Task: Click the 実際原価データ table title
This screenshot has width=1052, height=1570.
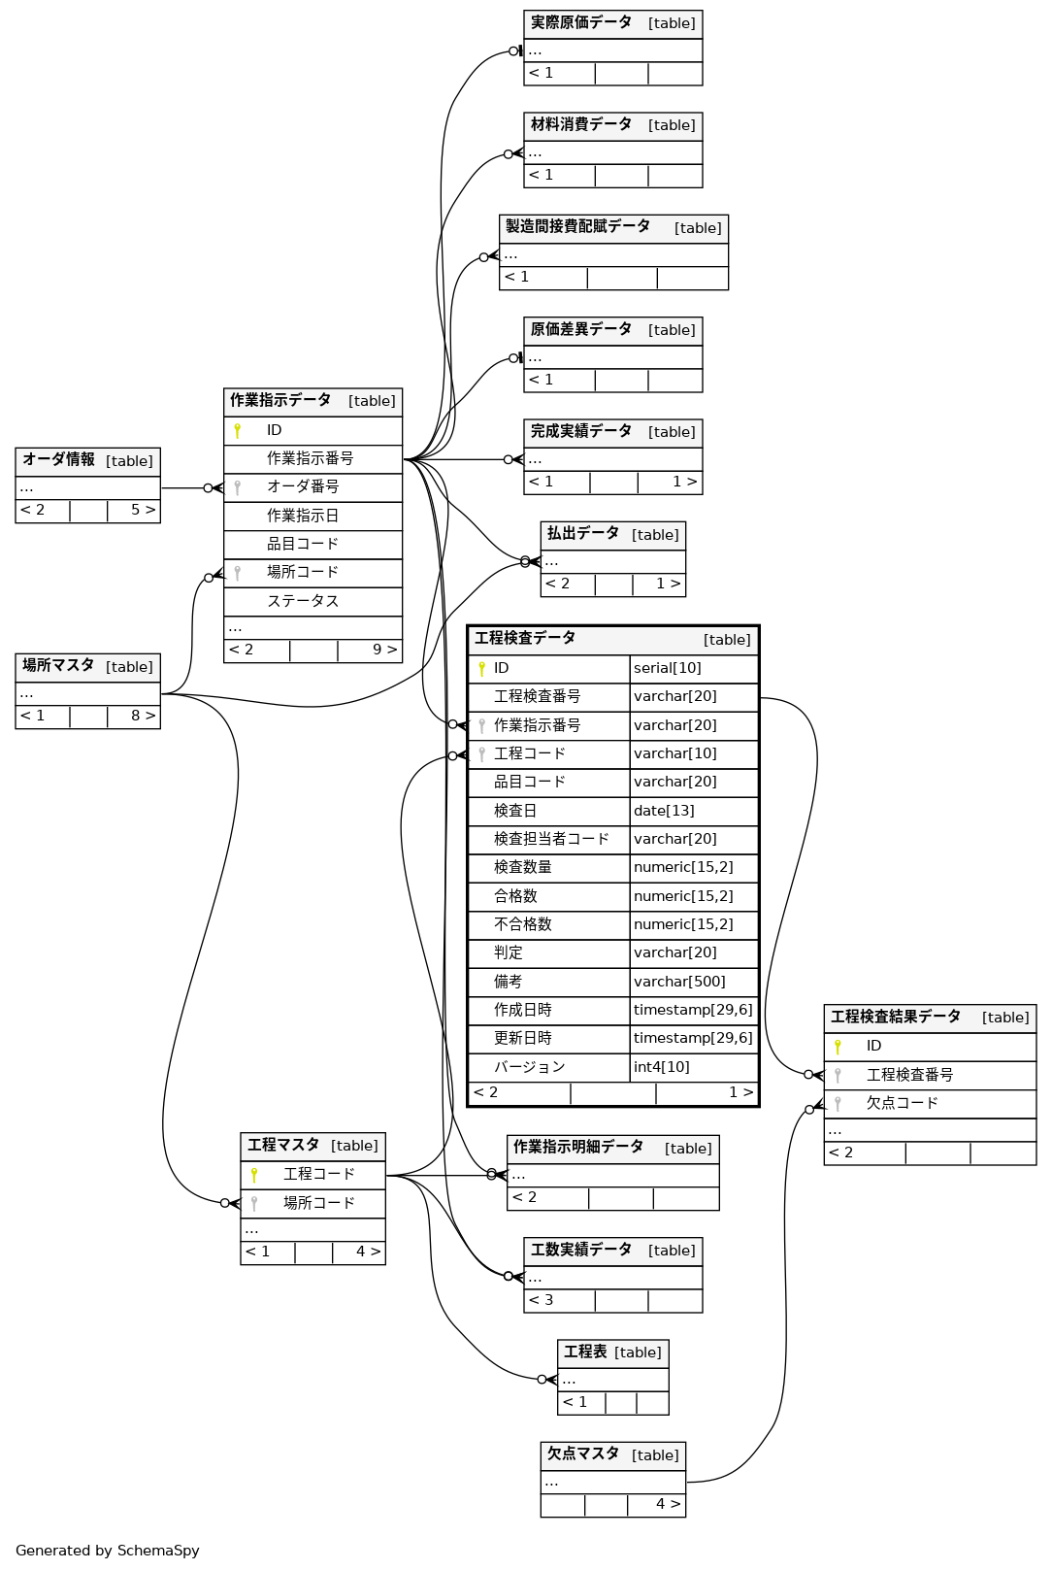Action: click(580, 23)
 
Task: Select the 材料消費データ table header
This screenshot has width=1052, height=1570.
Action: click(580, 125)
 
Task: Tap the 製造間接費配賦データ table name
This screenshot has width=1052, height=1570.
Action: click(577, 227)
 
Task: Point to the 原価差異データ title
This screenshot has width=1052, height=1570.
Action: click(580, 330)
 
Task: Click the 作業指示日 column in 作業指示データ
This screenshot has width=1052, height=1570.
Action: click(303, 516)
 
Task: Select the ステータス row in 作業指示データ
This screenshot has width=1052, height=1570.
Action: click(303, 601)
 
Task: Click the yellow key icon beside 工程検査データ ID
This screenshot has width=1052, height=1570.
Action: click(481, 669)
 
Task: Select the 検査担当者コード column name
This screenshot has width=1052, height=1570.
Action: click(551, 839)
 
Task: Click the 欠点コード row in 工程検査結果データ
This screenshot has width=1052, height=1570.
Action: click(903, 1104)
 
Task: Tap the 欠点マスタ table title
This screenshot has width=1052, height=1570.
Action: click(582, 1454)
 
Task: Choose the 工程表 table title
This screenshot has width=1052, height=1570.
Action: click(585, 1353)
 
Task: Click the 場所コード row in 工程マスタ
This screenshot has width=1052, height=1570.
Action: click(319, 1204)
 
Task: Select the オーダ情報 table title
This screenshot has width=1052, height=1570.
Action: click(58, 460)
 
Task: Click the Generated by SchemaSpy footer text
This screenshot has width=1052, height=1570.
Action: click(108, 1551)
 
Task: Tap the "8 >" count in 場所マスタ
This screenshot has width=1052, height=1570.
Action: click(143, 717)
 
